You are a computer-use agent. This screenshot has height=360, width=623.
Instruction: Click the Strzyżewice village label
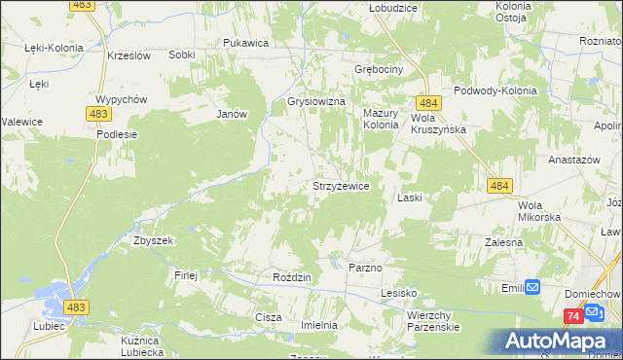click(340, 185)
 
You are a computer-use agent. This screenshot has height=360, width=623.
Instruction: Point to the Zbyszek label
click(153, 240)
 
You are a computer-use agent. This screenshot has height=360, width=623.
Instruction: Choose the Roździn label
click(292, 277)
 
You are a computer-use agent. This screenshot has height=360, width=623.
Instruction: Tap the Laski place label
click(409, 198)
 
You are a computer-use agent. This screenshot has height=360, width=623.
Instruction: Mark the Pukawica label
click(245, 43)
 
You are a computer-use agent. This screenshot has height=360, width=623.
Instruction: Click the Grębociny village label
click(380, 70)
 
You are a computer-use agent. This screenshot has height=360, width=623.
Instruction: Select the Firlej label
click(186, 275)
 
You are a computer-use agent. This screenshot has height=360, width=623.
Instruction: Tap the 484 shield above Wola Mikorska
click(500, 185)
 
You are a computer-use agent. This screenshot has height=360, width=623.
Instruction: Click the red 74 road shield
click(573, 317)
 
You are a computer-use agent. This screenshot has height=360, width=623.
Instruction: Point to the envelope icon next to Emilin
click(532, 287)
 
